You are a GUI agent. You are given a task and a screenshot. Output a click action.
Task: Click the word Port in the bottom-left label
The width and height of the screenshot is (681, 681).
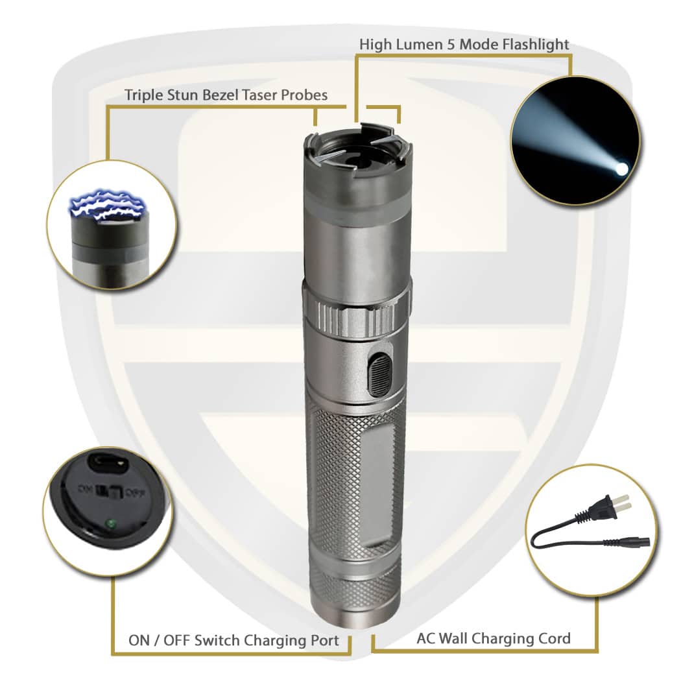323,641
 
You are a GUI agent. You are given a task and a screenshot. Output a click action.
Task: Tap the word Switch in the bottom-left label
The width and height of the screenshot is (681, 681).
217,641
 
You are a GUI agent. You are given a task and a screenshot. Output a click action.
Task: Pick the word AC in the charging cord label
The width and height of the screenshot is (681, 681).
426,638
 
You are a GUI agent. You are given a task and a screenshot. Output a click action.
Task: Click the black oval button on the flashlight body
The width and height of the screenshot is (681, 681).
379,374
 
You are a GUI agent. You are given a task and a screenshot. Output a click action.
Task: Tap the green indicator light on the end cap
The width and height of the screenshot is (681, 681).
112,523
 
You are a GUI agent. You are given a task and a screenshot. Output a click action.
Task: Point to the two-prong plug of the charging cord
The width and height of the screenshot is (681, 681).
604,507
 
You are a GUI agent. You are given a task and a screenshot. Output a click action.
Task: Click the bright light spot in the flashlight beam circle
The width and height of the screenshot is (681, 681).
621,169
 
